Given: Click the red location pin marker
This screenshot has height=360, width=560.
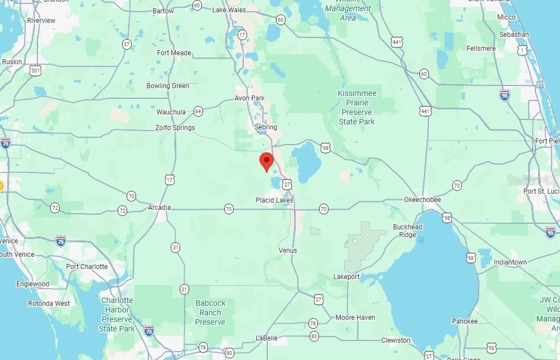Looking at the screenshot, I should tap(267, 161).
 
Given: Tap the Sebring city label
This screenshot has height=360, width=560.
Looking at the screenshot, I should tap(265, 127).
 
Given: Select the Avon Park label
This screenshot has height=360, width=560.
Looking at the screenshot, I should tap(249, 98).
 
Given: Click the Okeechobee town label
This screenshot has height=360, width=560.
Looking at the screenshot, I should tap(422, 200).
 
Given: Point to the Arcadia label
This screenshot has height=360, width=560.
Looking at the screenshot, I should tap(159, 208).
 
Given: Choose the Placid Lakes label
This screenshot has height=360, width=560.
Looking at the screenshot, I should tap(274, 200).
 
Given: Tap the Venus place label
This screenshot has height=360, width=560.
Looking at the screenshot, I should tap(288, 251).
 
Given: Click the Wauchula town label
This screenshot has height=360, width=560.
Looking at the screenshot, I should tap(171, 112).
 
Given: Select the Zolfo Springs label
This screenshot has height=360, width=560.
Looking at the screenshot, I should tap(175, 128).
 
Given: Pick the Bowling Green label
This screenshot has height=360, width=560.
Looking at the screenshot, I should tap(167, 86).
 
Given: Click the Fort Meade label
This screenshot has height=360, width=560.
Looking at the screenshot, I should tap(174, 53).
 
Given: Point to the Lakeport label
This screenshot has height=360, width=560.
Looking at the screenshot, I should tap(346, 277).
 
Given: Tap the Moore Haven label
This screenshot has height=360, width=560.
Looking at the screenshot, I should tap(355, 318).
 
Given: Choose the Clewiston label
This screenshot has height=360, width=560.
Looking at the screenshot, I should tap(395, 340).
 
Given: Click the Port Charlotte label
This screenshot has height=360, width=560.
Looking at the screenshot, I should tap(86, 266).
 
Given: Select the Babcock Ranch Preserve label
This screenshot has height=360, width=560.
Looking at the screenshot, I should tap(210, 313).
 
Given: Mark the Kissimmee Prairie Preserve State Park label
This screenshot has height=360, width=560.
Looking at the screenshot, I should tap(357, 107).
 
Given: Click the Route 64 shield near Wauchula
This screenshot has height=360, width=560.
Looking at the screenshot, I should tap(198, 112).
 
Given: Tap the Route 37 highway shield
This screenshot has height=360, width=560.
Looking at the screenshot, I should tap(127, 44).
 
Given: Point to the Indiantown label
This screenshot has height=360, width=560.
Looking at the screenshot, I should tap(510, 262).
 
